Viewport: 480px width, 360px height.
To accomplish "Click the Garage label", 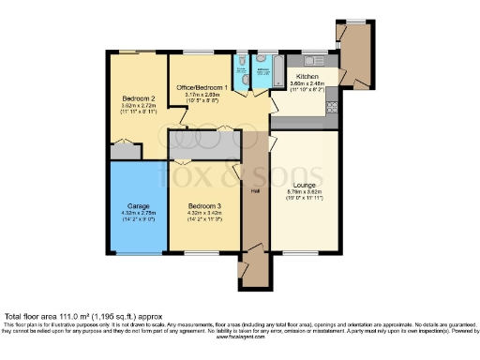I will click(138, 206).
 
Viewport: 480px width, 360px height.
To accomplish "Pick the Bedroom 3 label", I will click(203, 206).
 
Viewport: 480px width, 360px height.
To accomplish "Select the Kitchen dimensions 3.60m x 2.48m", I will click(308, 83).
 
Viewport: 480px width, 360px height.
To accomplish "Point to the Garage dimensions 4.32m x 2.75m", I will click(138, 214).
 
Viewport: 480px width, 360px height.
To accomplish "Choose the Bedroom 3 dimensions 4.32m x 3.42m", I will click(203, 214).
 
